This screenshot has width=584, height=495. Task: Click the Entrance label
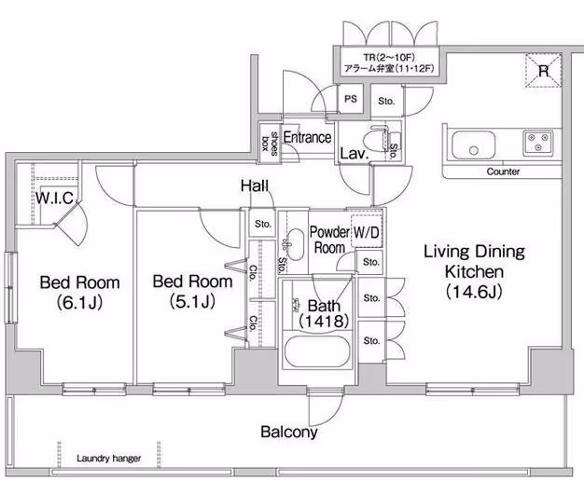point(307,138)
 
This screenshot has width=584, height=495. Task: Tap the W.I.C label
point(54,197)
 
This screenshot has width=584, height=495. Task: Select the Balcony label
point(288,432)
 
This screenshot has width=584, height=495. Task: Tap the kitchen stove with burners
point(536,144)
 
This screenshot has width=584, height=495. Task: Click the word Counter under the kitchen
point(503,172)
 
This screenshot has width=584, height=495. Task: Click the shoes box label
point(269,140)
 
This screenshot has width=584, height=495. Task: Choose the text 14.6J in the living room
point(474,290)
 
